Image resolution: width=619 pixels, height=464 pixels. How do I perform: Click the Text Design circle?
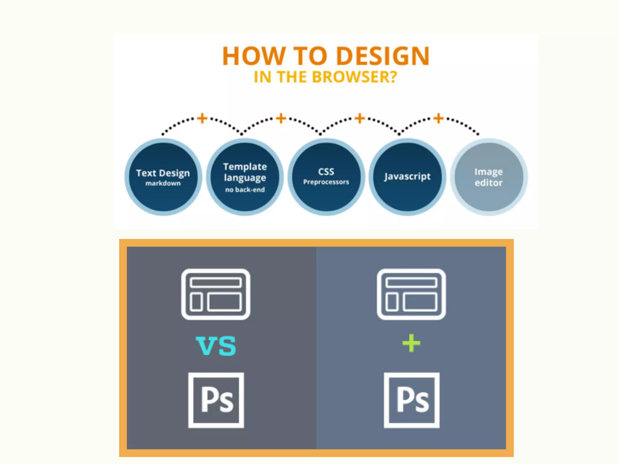pyautogui.click(x=163, y=177)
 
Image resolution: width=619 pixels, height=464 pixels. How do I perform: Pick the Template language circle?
pyautogui.click(x=245, y=177)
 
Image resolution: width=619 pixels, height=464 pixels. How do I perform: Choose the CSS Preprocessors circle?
pyautogui.click(x=326, y=177)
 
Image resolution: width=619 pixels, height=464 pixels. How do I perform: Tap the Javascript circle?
pyautogui.click(x=407, y=177)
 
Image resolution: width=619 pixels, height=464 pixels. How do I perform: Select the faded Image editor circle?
pyautogui.click(x=489, y=177)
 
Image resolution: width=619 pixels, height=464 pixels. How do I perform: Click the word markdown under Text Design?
pyautogui.click(x=163, y=183)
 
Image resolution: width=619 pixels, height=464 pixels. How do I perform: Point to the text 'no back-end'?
pyautogui.click(x=245, y=190)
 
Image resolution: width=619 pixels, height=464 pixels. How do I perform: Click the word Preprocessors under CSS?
pyautogui.click(x=326, y=182)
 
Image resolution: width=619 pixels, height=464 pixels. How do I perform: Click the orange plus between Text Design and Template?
pyautogui.click(x=202, y=118)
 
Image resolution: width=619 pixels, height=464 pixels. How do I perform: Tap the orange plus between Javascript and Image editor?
pyautogui.click(x=439, y=118)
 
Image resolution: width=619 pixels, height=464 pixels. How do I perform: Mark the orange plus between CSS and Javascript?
pyautogui.click(x=360, y=118)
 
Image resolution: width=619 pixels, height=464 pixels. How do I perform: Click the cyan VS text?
pyautogui.click(x=216, y=346)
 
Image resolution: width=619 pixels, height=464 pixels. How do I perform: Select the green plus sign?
pyautogui.click(x=411, y=343)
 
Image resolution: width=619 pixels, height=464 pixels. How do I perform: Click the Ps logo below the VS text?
pyautogui.click(x=216, y=400)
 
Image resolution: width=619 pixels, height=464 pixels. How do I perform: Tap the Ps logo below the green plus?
pyautogui.click(x=411, y=400)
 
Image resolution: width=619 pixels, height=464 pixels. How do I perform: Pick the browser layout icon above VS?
pyautogui.click(x=216, y=294)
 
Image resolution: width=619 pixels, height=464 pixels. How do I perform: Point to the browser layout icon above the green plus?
pyautogui.click(x=411, y=294)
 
